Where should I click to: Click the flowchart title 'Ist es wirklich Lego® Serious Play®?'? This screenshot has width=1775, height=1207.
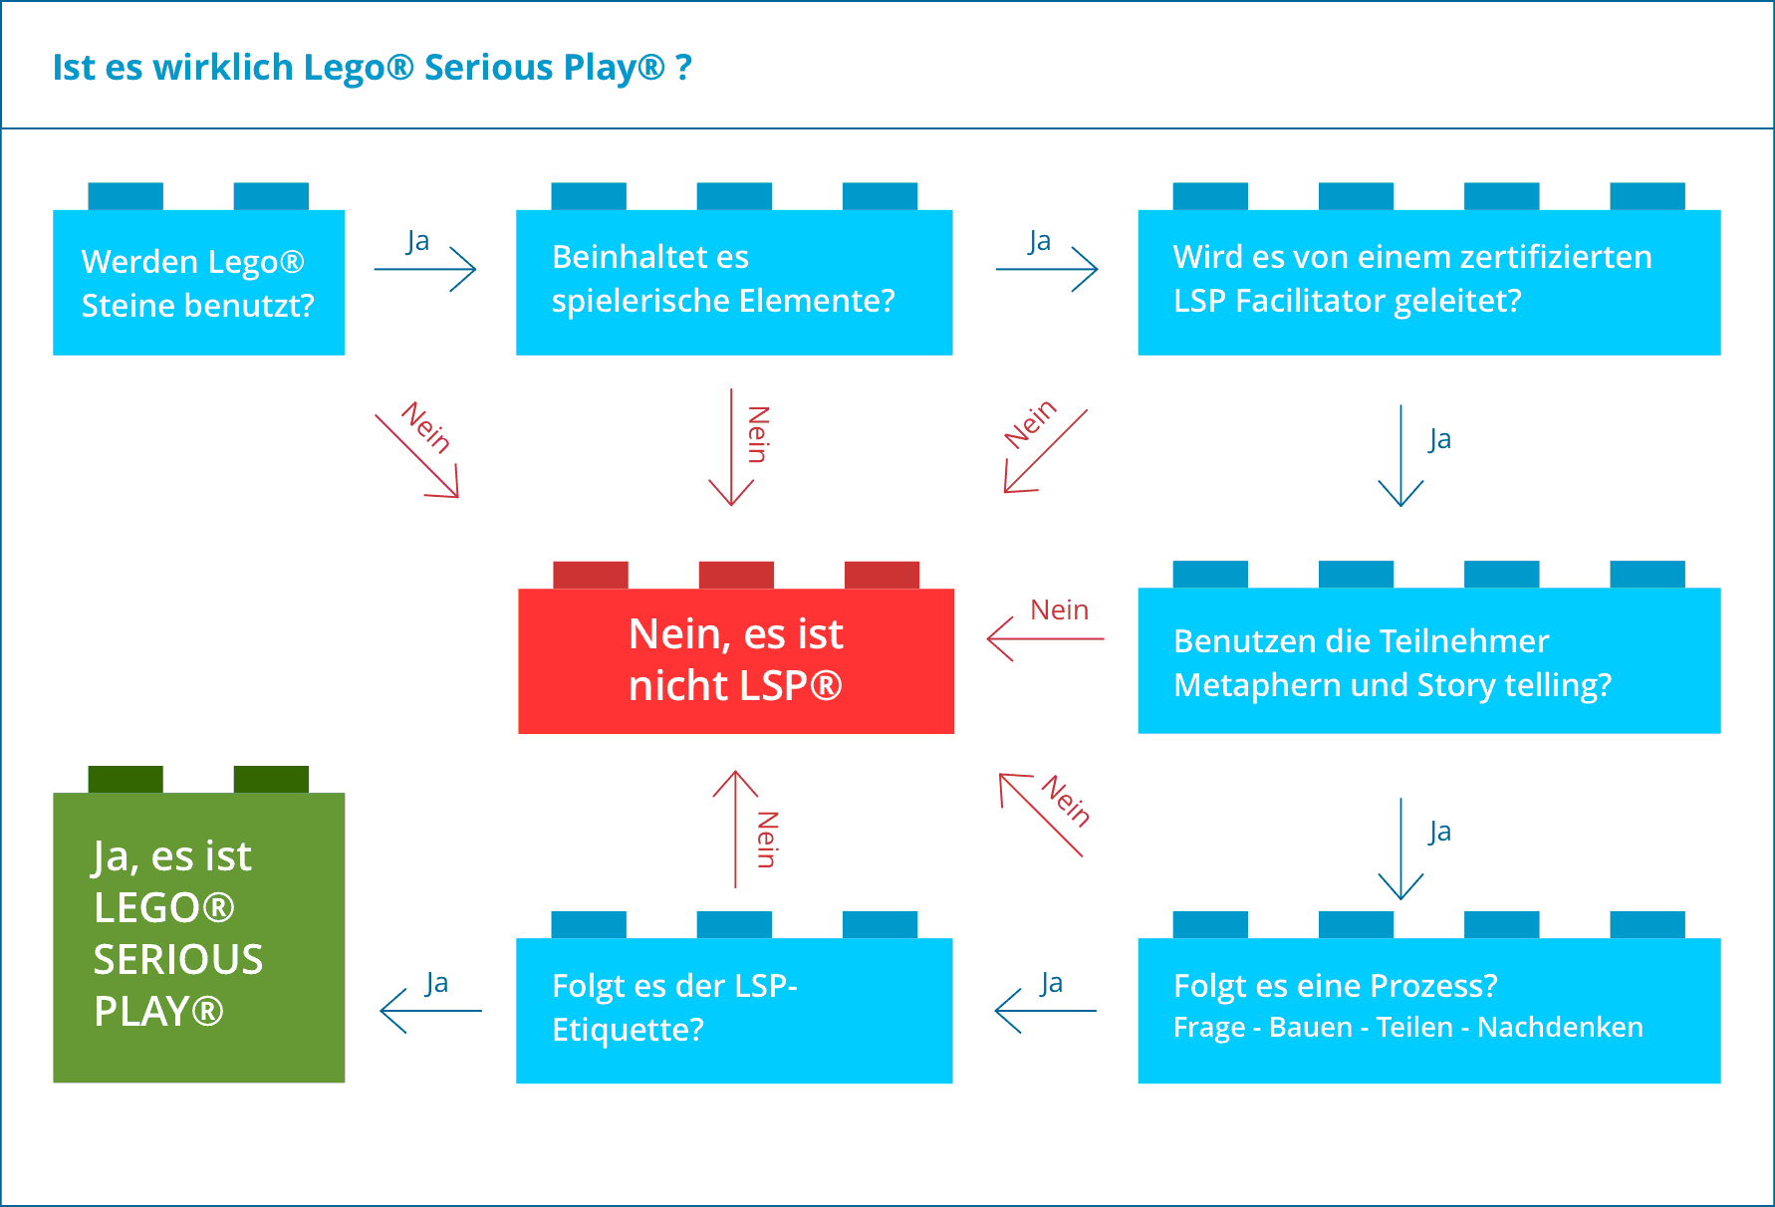pos(372,68)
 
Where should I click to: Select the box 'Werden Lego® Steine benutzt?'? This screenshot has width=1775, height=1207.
pos(198,283)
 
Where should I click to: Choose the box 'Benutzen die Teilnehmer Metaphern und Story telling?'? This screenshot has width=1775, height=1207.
pos(1428,661)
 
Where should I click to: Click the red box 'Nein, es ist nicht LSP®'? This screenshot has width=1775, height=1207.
pos(736,660)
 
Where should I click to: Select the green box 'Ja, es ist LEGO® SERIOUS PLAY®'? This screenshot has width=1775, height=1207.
pos(198,936)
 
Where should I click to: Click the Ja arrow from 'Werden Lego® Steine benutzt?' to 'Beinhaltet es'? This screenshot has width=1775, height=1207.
pos(425,268)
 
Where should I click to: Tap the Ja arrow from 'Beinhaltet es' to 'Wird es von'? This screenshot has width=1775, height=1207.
pos(1047,268)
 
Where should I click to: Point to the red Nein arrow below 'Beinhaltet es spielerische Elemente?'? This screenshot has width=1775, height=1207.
pos(732,447)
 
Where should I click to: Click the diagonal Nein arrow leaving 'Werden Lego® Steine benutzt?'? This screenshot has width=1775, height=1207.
pos(416,455)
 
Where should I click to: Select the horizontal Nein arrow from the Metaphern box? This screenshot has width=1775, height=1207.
pos(1045,637)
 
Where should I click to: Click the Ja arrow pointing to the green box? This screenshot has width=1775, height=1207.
pos(430,1010)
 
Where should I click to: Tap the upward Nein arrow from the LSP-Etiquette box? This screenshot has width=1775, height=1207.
pos(736,829)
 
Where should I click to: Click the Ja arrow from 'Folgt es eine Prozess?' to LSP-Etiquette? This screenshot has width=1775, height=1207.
pos(1045,1010)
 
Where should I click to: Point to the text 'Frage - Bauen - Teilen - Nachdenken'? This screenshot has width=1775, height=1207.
pos(1407,1027)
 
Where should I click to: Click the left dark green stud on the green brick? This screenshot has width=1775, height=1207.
pos(126,779)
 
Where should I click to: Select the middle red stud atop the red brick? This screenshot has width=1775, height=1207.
pos(736,575)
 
